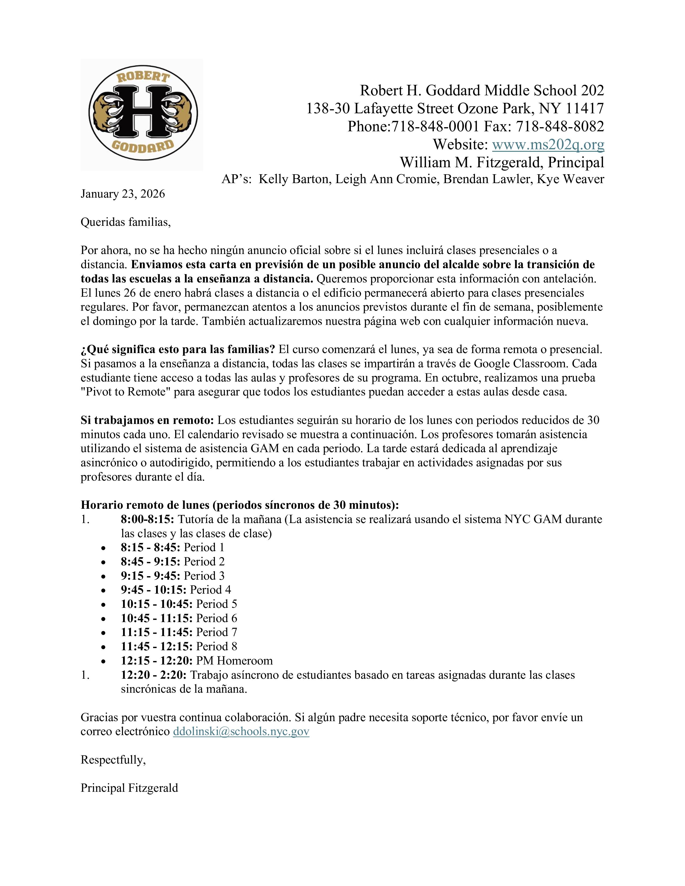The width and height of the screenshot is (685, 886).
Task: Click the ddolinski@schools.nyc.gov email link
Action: click(x=241, y=731)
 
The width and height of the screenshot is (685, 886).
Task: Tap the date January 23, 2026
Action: click(x=122, y=194)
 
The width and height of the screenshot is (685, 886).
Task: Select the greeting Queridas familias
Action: click(x=125, y=222)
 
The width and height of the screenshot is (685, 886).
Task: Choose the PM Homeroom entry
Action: click(x=234, y=660)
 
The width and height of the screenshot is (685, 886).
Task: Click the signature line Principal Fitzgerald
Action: click(x=129, y=788)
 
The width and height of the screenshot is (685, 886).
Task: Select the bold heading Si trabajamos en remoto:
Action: click(x=148, y=420)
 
